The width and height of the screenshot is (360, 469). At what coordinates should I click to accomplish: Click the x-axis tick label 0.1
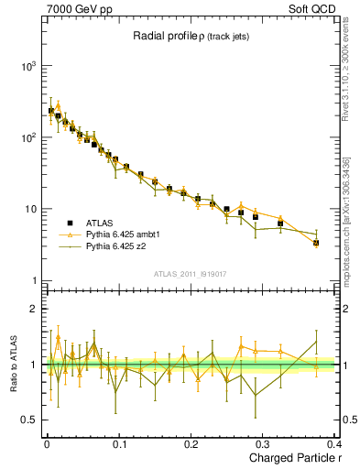pos(119,443)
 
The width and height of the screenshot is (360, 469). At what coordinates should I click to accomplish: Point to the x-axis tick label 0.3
pos(263,443)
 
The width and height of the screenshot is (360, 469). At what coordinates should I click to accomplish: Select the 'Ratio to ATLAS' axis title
pos(12,365)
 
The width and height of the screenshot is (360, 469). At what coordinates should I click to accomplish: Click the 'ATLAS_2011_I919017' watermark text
pos(190,273)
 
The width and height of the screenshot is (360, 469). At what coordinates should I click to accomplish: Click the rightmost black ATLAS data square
pos(316,243)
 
